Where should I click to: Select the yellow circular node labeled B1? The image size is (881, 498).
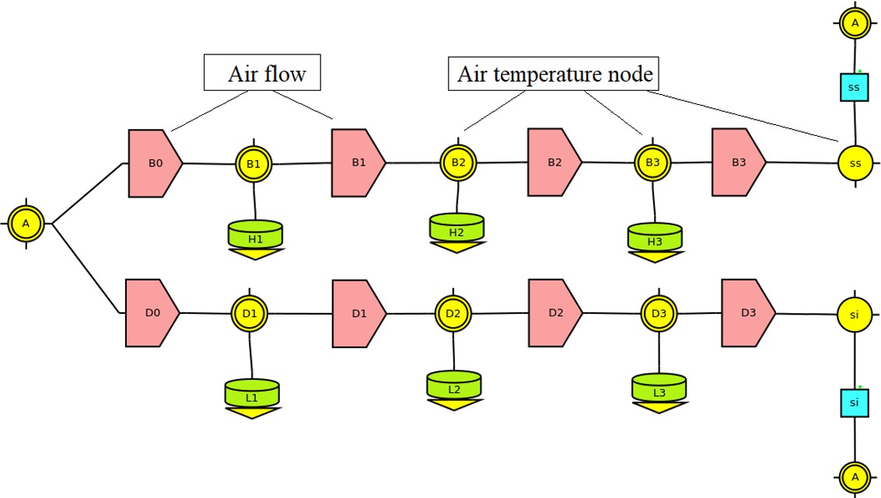(254, 164)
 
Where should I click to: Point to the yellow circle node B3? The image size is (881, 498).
(652, 162)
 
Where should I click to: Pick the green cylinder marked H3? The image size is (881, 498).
(655, 236)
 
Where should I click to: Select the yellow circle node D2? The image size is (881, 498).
(453, 313)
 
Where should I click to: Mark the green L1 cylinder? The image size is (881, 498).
(252, 393)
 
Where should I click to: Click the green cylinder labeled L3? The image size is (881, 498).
(659, 388)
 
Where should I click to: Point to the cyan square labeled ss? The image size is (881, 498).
(854, 88)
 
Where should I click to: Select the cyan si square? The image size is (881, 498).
(854, 402)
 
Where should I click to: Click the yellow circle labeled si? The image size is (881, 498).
(854, 315)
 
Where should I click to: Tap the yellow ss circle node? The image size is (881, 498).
(855, 163)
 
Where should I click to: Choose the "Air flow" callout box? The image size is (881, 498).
(262, 74)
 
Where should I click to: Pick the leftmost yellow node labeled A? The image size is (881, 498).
(26, 224)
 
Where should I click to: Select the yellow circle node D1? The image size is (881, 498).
(250, 313)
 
